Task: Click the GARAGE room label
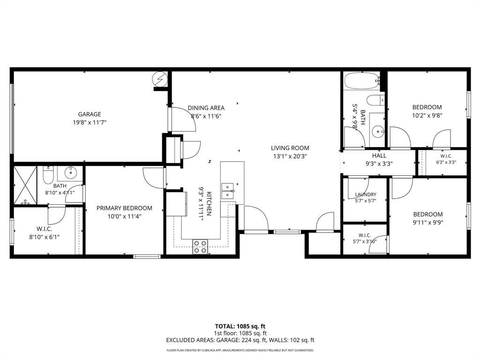(90, 114)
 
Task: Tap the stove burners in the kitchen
(200, 247)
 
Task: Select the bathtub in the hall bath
(362, 81)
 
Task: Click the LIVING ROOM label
(290, 148)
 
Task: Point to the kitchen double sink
(227, 191)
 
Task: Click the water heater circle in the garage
(160, 79)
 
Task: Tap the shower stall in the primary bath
(25, 185)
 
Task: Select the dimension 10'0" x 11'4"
(124, 217)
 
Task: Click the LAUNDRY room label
(366, 195)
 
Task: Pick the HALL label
(379, 156)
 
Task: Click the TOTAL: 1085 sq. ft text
(238, 326)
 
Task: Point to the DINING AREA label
(206, 108)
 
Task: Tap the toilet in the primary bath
(48, 175)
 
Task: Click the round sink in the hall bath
(379, 132)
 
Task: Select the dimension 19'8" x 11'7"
(90, 123)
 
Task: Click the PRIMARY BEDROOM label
(124, 208)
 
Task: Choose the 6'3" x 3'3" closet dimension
(446, 162)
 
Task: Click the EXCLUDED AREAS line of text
(240, 340)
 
